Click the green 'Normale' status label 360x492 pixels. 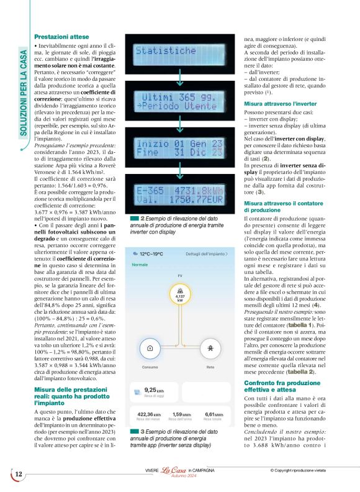coord(140,265)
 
